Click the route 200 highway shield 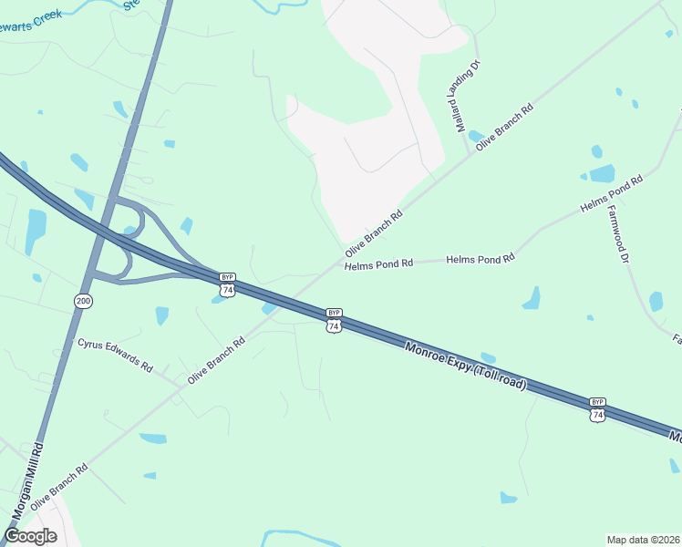[83, 300]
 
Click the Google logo [30, 535]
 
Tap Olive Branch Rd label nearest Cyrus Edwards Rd [216, 360]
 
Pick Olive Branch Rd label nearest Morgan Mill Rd [58, 486]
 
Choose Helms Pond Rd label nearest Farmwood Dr [612, 193]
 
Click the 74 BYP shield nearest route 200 [228, 284]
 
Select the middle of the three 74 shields [334, 320]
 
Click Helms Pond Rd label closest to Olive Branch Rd [378, 263]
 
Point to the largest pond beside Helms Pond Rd [602, 173]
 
